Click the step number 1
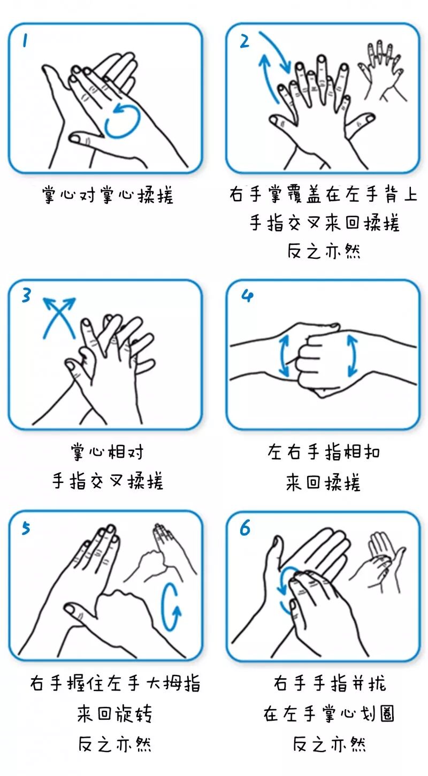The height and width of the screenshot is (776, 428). [x=25, y=41]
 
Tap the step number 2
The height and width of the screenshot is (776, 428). [x=244, y=41]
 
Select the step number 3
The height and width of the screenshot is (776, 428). [x=26, y=295]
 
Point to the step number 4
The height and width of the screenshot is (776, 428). [x=247, y=296]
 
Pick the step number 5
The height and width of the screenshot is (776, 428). [x=26, y=528]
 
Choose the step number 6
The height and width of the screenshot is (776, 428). [x=244, y=528]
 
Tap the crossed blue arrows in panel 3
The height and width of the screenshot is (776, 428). [x=59, y=317]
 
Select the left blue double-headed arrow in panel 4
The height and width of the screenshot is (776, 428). [x=284, y=356]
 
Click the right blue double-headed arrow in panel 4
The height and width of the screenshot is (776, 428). [x=352, y=356]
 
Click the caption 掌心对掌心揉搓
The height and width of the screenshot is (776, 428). [x=108, y=195]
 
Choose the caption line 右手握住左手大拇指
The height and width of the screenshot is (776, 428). [x=115, y=683]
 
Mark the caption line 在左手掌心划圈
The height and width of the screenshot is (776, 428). [x=328, y=713]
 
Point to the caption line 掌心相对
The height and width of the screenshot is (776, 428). [x=107, y=452]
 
